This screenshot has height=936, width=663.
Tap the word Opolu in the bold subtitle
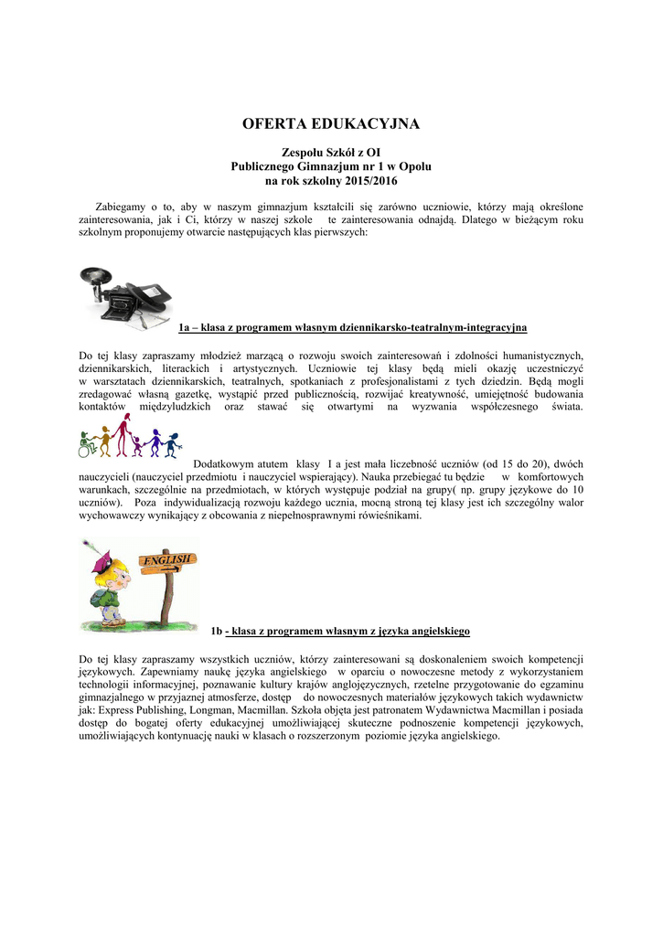pyautogui.click(x=412, y=168)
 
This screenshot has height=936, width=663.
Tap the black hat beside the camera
pyautogui.click(x=151, y=293)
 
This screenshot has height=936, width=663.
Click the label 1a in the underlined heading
pyautogui.click(x=185, y=327)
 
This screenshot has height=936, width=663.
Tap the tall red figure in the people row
pyautogui.click(x=105, y=441)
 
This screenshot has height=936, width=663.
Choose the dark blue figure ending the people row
pyautogui.click(x=174, y=445)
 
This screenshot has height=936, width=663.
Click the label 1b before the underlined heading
pyautogui.click(x=217, y=631)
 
